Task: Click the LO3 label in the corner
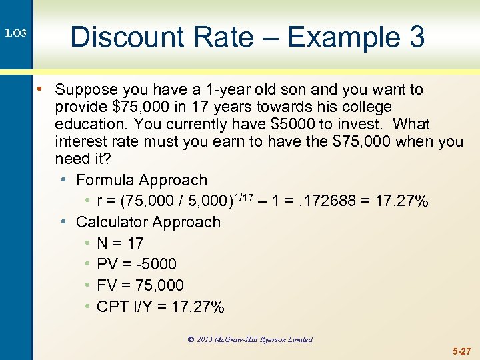click(x=15, y=33)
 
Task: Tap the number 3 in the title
click(x=416, y=37)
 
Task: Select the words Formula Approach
click(x=141, y=180)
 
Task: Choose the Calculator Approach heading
click(x=148, y=222)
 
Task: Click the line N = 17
click(x=120, y=243)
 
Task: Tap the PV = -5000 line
click(x=137, y=264)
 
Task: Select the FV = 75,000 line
click(x=140, y=285)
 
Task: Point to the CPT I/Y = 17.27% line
click(x=161, y=307)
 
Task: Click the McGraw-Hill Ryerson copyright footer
click(x=250, y=339)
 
